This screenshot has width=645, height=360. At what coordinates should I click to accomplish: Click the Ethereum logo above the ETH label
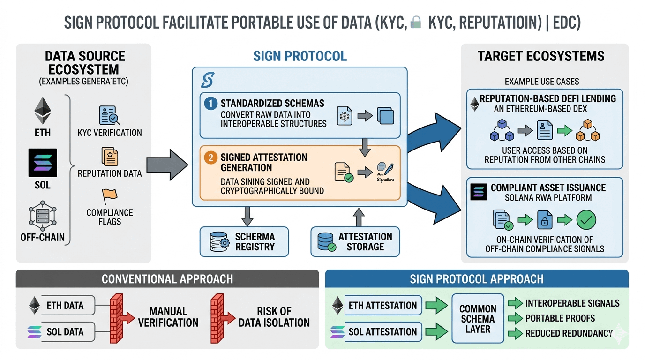click(42, 111)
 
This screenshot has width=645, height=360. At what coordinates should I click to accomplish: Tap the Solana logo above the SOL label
click(43, 162)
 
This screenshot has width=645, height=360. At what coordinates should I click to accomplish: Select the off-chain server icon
click(43, 215)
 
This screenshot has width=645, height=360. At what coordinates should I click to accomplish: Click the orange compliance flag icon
click(109, 196)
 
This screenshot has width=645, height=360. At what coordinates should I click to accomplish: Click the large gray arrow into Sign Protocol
click(167, 165)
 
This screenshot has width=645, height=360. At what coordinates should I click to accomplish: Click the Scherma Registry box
click(244, 242)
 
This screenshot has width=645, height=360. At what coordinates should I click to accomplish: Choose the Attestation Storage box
click(355, 242)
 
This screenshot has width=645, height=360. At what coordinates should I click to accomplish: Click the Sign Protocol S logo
click(207, 80)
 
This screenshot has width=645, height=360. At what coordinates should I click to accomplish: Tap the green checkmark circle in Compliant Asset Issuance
click(585, 220)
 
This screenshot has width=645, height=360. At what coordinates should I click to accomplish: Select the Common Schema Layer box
click(478, 319)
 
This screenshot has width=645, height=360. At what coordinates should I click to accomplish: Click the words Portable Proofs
click(560, 318)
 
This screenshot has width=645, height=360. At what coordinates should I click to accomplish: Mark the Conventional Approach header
click(167, 279)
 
